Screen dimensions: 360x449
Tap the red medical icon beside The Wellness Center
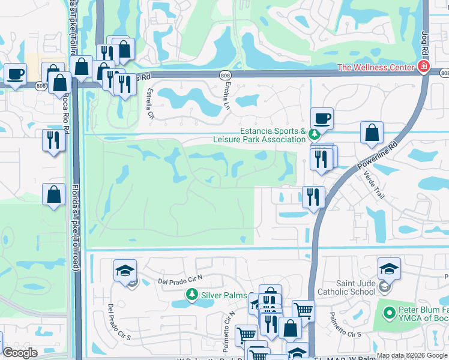[x=424, y=67]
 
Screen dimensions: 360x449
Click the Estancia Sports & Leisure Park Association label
[x=273, y=135]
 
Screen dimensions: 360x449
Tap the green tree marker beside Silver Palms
[x=191, y=295]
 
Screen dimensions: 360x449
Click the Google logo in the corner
[x=20, y=353]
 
